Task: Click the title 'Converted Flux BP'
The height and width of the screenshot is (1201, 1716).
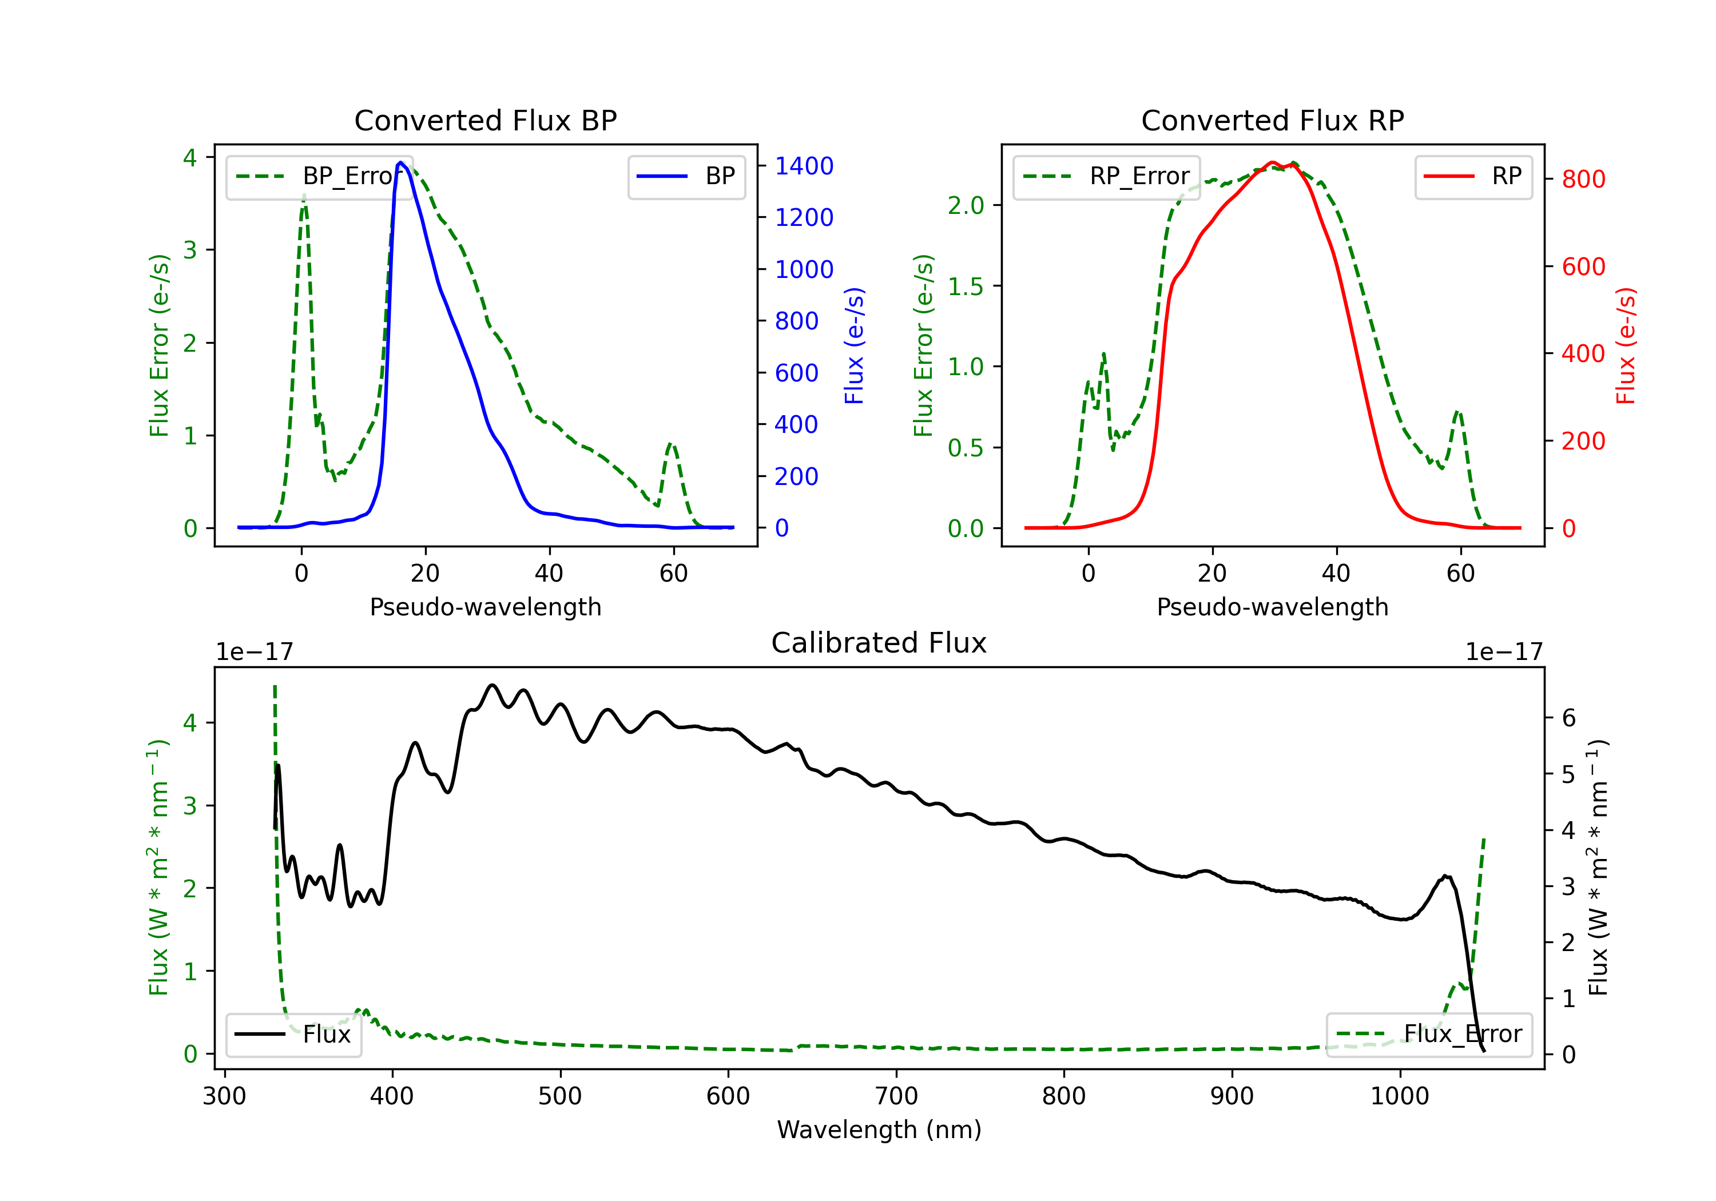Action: point(485,120)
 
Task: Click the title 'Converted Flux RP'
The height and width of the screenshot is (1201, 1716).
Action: point(1272,120)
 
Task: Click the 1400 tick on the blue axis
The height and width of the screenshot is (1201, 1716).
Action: point(804,166)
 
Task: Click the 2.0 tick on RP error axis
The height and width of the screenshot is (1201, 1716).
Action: point(966,205)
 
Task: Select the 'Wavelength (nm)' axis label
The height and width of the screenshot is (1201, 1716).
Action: point(879,1130)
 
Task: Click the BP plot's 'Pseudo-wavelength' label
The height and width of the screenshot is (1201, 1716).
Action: point(485,607)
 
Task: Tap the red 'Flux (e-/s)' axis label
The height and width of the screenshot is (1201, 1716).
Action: point(1626,346)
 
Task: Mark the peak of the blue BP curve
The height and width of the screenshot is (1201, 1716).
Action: point(400,162)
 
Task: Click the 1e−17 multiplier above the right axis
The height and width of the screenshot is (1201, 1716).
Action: point(1503,653)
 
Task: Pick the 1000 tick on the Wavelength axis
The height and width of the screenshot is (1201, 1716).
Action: point(1399,1096)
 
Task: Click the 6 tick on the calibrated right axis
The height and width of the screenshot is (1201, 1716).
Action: point(1569,718)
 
